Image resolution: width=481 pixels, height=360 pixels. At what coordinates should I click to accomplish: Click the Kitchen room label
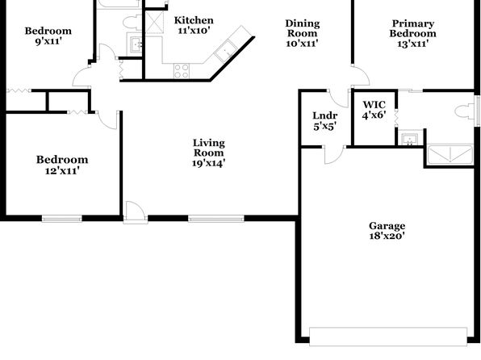click(x=194, y=20)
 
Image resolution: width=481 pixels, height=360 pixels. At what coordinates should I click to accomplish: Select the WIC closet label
click(x=374, y=105)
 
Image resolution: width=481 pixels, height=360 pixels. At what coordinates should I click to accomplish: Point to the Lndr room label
click(x=325, y=115)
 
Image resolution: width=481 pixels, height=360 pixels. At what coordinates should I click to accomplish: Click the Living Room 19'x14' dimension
click(x=208, y=163)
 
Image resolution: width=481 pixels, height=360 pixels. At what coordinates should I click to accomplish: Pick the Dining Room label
click(x=303, y=28)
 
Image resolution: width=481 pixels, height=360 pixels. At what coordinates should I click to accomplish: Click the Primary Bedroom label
click(x=413, y=28)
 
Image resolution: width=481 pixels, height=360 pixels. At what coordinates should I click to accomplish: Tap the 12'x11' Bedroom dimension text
click(x=62, y=170)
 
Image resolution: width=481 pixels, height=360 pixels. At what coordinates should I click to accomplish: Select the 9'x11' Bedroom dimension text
click(x=48, y=41)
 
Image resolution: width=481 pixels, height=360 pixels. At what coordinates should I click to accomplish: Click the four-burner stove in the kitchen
click(x=182, y=71)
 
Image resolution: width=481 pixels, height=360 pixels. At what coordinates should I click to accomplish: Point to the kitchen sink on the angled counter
click(x=226, y=51)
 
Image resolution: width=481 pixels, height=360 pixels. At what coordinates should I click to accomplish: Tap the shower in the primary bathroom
click(x=450, y=155)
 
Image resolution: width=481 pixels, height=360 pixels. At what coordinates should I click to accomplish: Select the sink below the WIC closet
click(x=409, y=139)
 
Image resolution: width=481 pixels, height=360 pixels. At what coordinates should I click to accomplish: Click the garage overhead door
click(x=388, y=337)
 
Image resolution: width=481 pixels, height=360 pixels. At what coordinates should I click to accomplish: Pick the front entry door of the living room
click(x=135, y=212)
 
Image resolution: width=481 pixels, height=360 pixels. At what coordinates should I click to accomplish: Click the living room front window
click(x=216, y=219)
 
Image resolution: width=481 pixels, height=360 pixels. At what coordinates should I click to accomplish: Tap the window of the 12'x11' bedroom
click(x=62, y=219)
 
